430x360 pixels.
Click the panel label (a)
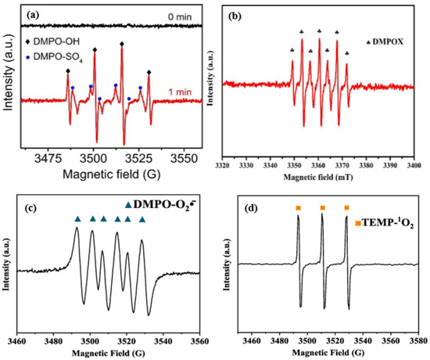[x=34, y=15]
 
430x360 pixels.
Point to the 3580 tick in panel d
[x=417, y=340]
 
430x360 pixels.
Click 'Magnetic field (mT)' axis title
[x=319, y=179]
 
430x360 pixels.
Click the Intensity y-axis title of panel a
[x=9, y=78]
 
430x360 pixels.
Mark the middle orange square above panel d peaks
[x=322, y=208]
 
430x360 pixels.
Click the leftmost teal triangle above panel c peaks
[x=77, y=219]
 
